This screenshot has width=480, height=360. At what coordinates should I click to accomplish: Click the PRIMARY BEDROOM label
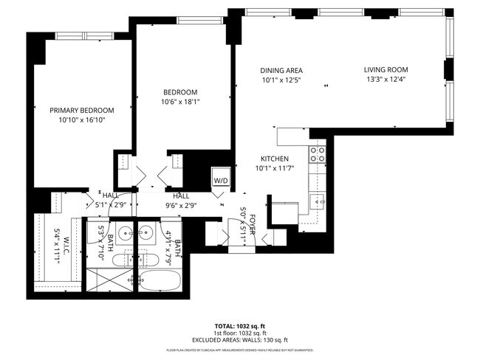pyautogui.click(x=81, y=110)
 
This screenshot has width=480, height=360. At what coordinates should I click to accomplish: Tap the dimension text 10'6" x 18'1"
pyautogui.click(x=181, y=102)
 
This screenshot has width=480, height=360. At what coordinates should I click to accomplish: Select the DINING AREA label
pyautogui.click(x=281, y=70)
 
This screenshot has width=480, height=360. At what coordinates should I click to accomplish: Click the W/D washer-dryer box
pyautogui.click(x=221, y=180)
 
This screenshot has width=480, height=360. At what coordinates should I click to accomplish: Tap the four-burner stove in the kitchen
pyautogui.click(x=318, y=154)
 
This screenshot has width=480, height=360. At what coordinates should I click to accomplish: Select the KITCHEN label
pyautogui.click(x=273, y=159)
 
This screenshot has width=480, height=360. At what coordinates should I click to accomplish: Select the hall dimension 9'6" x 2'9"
pyautogui.click(x=181, y=206)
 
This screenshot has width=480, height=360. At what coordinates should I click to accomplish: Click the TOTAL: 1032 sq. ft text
pyautogui.click(x=239, y=325)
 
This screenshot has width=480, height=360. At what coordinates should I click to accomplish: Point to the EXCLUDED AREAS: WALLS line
pyautogui.click(x=239, y=340)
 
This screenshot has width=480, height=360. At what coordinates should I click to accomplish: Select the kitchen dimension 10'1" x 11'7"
pyautogui.click(x=273, y=168)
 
